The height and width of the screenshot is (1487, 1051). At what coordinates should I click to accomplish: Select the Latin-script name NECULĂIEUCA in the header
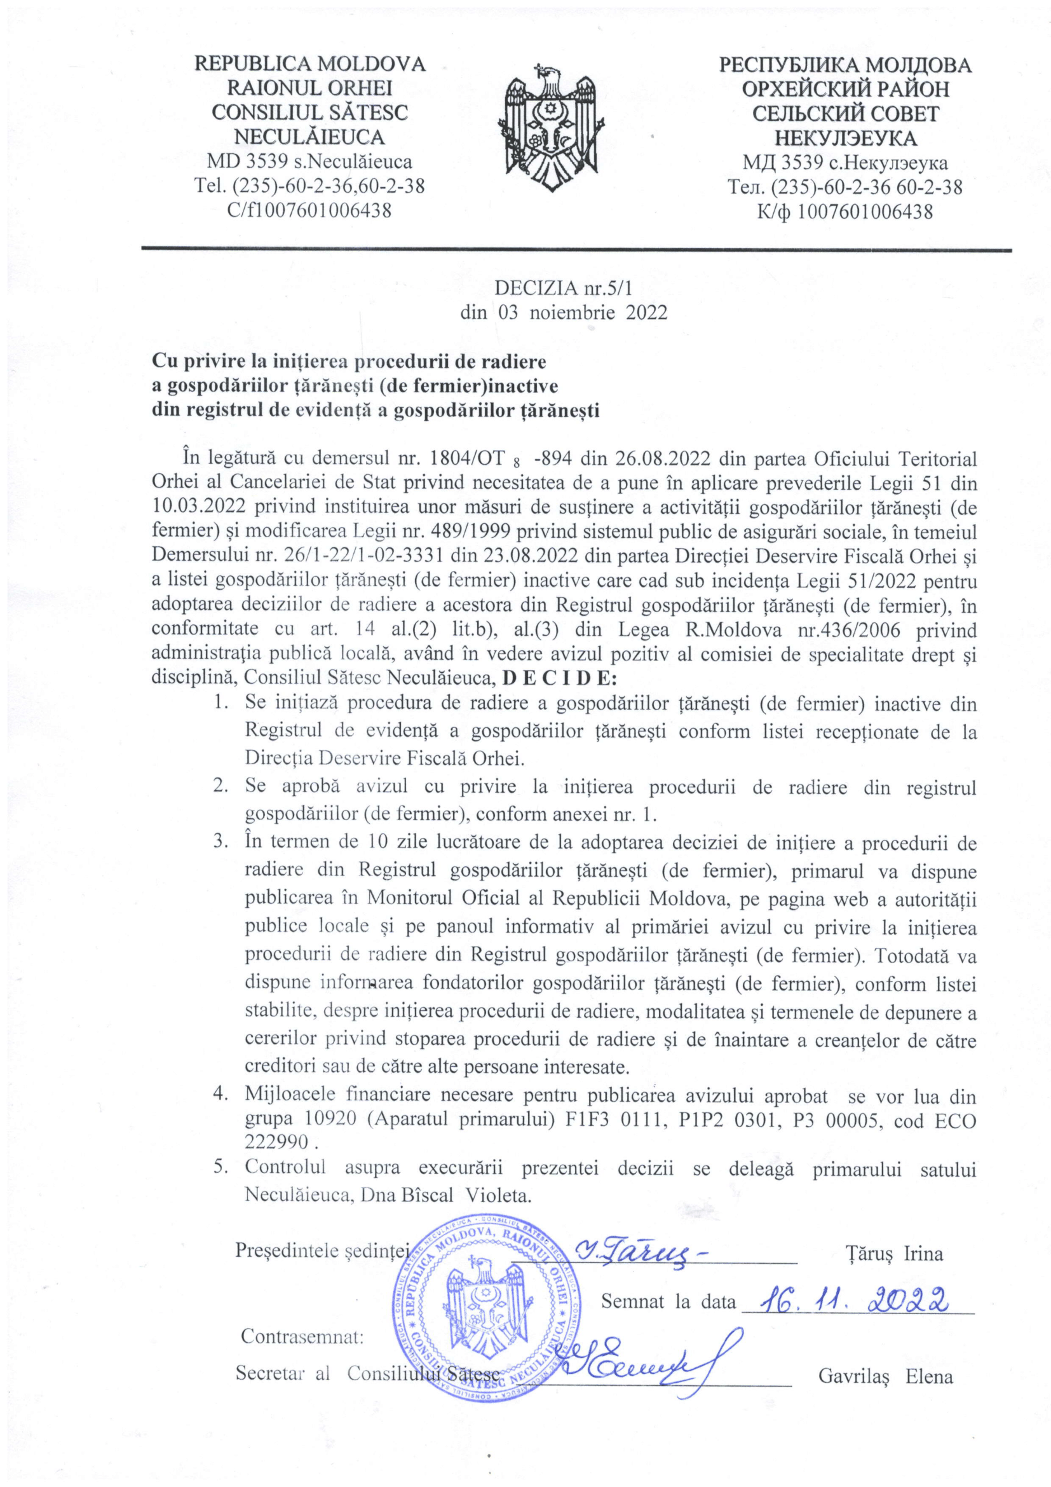[309, 137]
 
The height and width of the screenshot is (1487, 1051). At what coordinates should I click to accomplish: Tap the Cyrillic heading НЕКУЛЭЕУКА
[846, 139]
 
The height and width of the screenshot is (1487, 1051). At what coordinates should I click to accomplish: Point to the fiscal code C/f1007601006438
[309, 210]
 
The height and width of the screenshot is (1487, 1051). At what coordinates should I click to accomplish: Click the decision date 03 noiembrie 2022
[563, 313]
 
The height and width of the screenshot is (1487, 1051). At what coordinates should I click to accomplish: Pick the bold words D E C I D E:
[560, 679]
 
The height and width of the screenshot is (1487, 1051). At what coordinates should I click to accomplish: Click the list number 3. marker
[220, 842]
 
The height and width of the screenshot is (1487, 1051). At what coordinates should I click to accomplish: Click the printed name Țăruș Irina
[895, 1254]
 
